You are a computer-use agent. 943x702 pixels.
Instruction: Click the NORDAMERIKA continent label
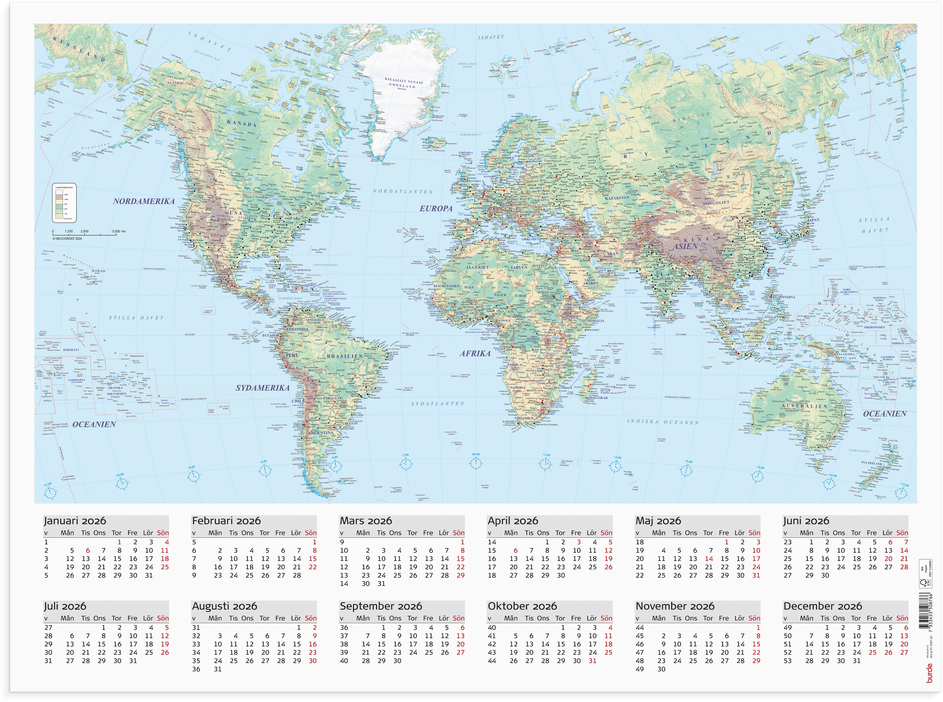tap(144, 201)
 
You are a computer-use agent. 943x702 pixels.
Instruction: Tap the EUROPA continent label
tap(436, 208)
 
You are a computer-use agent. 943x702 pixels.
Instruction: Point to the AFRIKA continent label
tap(475, 354)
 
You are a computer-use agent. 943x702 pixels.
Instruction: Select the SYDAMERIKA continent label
tap(262, 388)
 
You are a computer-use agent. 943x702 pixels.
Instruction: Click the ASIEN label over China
tap(685, 246)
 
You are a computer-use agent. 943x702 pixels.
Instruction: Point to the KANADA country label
tap(242, 124)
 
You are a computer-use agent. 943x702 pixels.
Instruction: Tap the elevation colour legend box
tap(64, 203)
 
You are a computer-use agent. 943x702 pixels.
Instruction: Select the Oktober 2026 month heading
tap(522, 606)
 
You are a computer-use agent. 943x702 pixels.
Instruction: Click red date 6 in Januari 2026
tap(88, 551)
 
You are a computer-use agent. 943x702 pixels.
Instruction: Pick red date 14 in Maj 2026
tap(708, 559)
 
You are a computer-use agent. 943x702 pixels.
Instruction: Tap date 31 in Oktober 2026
tap(592, 661)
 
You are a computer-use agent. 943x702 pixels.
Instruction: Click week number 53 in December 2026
tap(788, 661)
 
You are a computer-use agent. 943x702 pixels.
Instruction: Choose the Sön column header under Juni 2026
tap(902, 533)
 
